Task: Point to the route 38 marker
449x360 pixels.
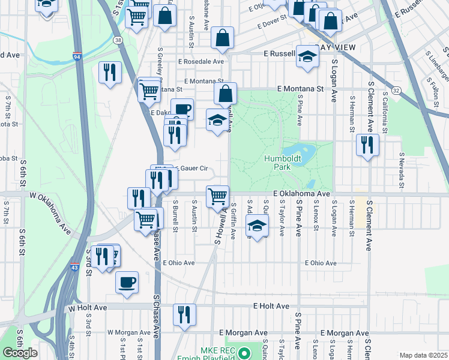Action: [118, 40]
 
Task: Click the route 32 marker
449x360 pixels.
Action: [396, 89]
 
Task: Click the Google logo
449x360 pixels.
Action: [20, 353]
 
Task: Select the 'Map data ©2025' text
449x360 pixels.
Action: [423, 355]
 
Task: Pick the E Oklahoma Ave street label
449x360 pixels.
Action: [302, 194]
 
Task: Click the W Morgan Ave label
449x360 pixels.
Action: [129, 332]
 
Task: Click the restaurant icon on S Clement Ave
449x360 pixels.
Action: [366, 145]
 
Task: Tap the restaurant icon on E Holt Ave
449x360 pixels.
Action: [184, 314]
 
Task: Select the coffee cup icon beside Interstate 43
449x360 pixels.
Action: [126, 281]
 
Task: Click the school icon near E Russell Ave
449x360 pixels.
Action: [307, 56]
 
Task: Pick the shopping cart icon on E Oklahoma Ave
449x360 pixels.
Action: [217, 196]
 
